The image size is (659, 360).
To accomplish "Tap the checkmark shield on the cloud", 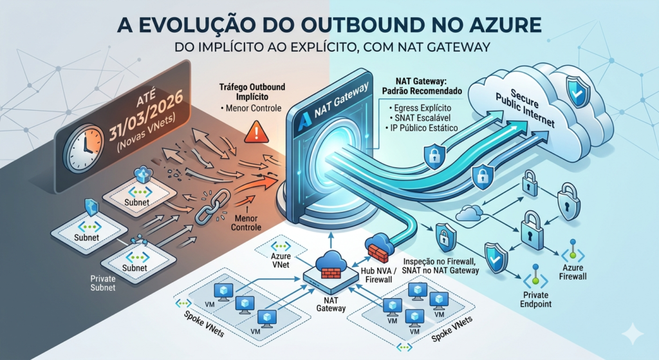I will tap(575, 91).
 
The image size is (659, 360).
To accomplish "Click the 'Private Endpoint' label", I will tap(535, 303).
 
